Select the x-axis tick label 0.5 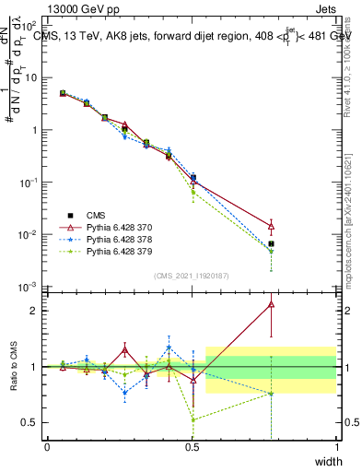(x=192, y=447)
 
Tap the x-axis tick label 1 (x=336, y=447)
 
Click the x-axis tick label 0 (x=47, y=447)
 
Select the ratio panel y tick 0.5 (x=31, y=422)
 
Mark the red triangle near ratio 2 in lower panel (x=271, y=304)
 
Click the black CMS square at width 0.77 (x=271, y=243)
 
